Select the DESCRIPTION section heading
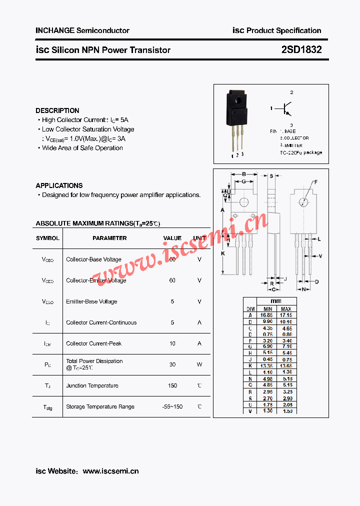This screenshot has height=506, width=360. pyautogui.click(x=57, y=110)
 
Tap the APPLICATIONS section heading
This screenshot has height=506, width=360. pyautogui.click(x=59, y=185)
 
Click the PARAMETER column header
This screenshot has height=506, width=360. pyautogui.click(x=109, y=238)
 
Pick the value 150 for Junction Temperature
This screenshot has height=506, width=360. pyautogui.click(x=172, y=385)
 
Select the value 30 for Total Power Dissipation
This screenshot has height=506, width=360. pyautogui.click(x=172, y=364)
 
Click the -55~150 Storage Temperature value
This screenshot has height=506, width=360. pyautogui.click(x=172, y=406)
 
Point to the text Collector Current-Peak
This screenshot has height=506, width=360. pyautogui.click(x=94, y=343)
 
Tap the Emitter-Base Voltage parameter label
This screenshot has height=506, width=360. pyautogui.click(x=91, y=301)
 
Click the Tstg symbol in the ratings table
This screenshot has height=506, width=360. pyautogui.click(x=47, y=407)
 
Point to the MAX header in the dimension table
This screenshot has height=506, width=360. pyautogui.click(x=286, y=309)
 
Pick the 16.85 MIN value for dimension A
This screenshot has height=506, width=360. pyautogui.click(x=266, y=315)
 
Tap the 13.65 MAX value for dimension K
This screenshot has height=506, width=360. pyautogui.click(x=286, y=365)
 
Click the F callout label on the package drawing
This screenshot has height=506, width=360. pyautogui.click(x=316, y=182)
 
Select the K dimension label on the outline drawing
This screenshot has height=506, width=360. pyautogui.click(x=223, y=253)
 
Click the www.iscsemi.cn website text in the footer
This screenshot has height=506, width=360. pyautogui.click(x=110, y=471)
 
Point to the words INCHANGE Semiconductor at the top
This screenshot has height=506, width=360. pyautogui.click(x=82, y=30)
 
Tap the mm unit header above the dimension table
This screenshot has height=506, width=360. pyautogui.click(x=276, y=301)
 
